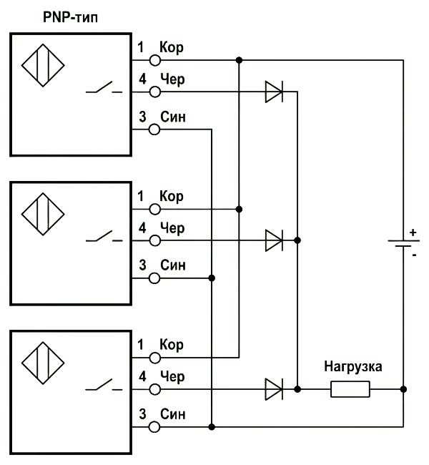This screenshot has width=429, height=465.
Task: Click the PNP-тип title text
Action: [70, 17]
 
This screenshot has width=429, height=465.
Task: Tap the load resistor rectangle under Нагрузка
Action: [350, 389]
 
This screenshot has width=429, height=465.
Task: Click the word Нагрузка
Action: [352, 367]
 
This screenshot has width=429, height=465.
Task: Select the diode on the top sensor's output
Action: [274, 92]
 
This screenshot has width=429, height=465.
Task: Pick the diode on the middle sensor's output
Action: [274, 240]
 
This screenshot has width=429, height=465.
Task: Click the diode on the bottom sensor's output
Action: [274, 389]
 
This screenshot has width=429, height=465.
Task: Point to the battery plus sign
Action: [413, 232]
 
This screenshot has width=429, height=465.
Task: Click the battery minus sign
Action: [414, 255]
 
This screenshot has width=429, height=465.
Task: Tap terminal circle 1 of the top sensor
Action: [154, 61]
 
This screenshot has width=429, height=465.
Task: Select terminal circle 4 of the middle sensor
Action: [154, 240]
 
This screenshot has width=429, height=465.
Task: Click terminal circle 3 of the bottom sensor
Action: [154, 427]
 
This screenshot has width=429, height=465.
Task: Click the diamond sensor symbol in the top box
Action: [43, 66]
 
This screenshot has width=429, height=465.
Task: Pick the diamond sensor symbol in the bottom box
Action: [43, 363]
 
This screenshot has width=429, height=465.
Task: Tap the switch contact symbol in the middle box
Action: [104, 236]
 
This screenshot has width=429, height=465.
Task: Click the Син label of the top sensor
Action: [173, 117]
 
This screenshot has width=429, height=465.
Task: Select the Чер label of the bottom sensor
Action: [172, 377]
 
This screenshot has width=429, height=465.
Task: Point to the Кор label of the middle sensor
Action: [172, 197]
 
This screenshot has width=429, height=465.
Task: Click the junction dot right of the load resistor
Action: [403, 389]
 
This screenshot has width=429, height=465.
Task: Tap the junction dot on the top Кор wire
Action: [240, 60]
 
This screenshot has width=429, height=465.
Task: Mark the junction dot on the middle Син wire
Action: [212, 278]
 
